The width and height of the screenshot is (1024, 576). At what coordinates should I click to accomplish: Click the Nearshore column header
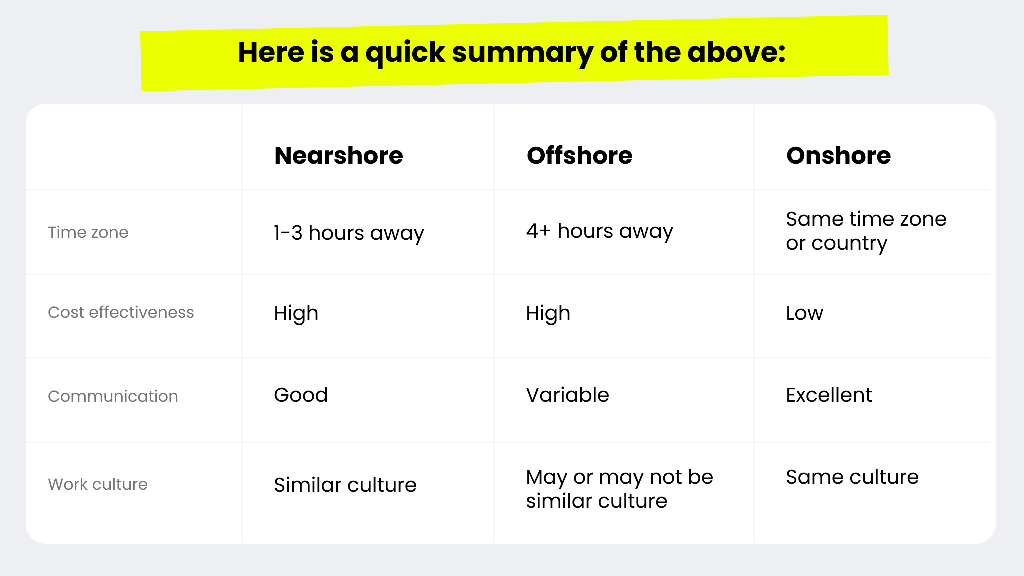(338, 155)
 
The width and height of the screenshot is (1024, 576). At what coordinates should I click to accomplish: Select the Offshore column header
(579, 155)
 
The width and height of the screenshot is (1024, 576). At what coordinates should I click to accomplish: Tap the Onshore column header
(838, 155)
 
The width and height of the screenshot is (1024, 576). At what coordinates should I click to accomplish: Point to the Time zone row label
(88, 232)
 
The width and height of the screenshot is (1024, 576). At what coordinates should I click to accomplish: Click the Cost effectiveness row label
(121, 312)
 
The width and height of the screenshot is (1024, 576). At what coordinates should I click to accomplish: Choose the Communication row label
(113, 396)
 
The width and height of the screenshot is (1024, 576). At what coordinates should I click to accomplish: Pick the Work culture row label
(98, 484)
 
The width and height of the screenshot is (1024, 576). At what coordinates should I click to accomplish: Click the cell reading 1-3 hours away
(349, 233)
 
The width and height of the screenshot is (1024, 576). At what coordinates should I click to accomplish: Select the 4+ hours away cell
(599, 231)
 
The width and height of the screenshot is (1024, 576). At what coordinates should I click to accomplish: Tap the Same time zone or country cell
(866, 231)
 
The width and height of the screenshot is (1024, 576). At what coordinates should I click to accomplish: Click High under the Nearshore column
(296, 313)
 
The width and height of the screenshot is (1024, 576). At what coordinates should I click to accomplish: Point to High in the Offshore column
(548, 313)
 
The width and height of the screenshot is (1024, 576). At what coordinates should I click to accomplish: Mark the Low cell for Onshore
(804, 313)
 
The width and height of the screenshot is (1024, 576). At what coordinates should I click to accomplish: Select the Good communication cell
(301, 395)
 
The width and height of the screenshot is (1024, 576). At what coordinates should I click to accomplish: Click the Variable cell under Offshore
(567, 395)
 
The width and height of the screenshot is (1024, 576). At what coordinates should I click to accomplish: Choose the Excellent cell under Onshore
(829, 395)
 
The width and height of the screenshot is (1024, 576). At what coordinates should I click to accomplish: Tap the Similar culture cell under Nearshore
(345, 485)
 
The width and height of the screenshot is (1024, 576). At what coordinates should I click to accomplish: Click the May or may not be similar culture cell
(619, 489)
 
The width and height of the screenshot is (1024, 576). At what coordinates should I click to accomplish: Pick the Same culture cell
(852, 477)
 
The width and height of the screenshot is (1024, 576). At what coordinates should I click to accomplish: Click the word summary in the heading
(522, 53)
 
